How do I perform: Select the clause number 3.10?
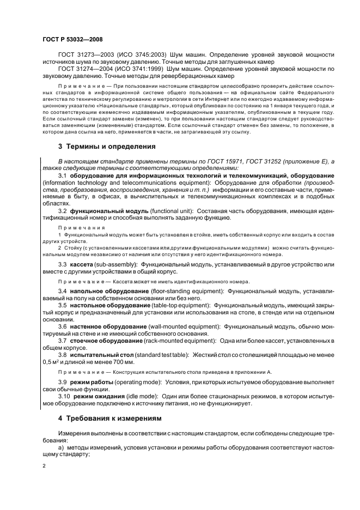pos(64,396)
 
